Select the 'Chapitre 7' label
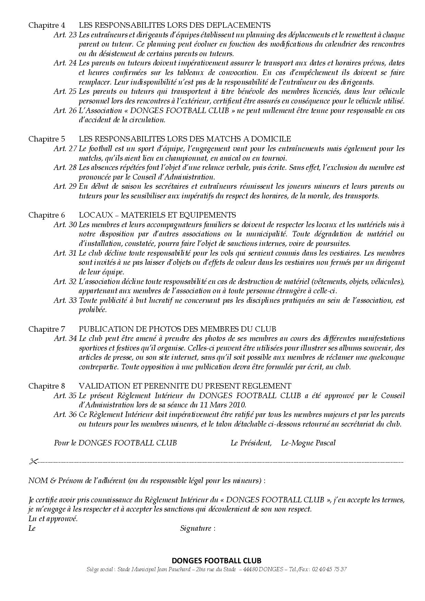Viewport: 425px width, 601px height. pyautogui.click(x=46, y=329)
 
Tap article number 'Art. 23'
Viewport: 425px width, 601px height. pyautogui.click(x=65, y=35)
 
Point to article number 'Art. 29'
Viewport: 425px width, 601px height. pyautogui.click(x=65, y=186)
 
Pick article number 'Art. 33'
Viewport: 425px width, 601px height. pyautogui.click(x=65, y=300)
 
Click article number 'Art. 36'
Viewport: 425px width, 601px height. pyautogui.click(x=65, y=414)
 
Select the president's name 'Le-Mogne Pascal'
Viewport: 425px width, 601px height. pyautogui.click(x=308, y=443)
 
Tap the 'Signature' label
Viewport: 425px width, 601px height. pyautogui.click(x=196, y=528)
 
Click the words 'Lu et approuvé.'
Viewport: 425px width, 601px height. pyautogui.click(x=53, y=518)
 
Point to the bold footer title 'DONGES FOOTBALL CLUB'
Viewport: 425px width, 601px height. pyautogui.click(x=216, y=561)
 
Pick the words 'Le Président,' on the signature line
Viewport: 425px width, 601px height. pyautogui.click(x=251, y=443)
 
